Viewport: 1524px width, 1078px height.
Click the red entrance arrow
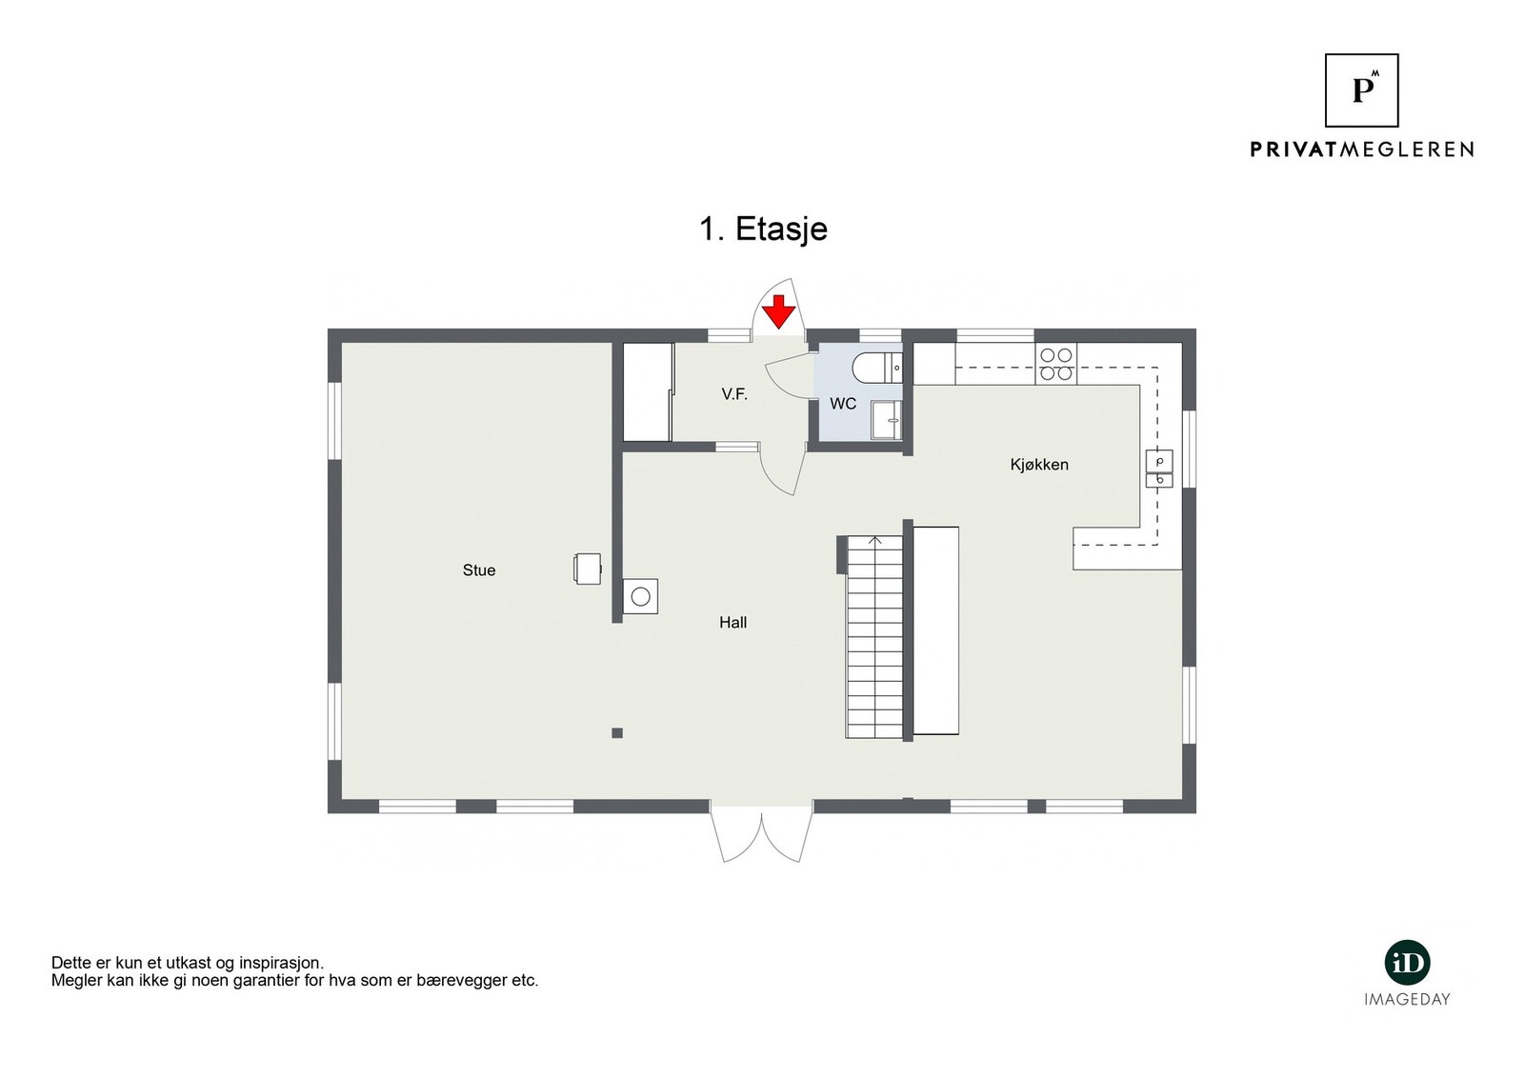pos(779,311)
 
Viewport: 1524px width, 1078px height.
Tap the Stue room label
pos(479,570)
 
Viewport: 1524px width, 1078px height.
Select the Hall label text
pos(732,623)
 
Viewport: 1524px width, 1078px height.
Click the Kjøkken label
pos(1039,465)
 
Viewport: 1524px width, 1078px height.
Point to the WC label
pos(843,404)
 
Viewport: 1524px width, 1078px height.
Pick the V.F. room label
pos(734,393)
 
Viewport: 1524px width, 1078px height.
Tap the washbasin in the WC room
pos(887,420)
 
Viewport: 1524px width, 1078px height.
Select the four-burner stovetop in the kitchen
pos(1055,364)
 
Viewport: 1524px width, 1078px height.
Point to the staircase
pos(874,638)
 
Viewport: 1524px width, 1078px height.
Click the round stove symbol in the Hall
pos(641,597)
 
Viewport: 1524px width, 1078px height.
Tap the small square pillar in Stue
pos(617,732)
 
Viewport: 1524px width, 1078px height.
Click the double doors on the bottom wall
pos(762,834)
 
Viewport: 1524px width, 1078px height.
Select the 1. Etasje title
pos(763,230)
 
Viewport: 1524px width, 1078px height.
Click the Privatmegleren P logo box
pos(1362,90)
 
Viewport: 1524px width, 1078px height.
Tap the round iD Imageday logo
pos(1407,963)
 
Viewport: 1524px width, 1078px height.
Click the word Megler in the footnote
pos(74,981)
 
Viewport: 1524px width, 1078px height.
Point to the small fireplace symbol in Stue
pos(588,569)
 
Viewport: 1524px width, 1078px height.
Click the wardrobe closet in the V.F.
pos(648,392)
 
